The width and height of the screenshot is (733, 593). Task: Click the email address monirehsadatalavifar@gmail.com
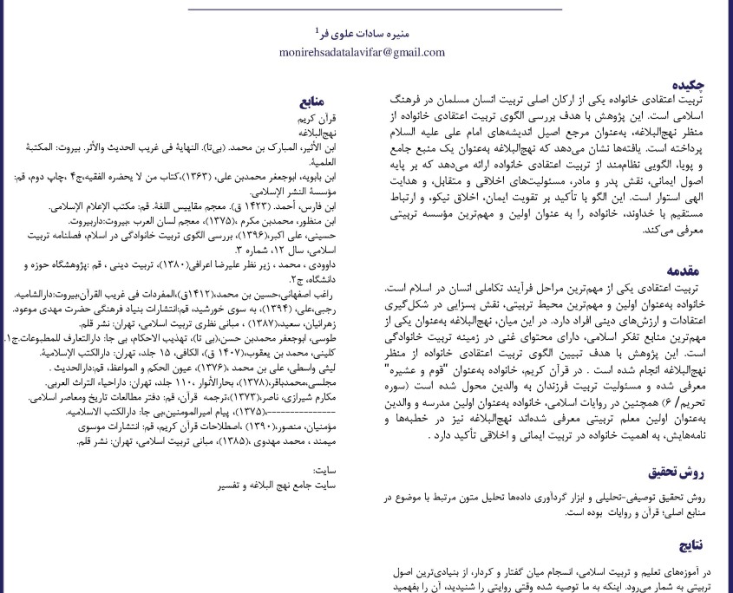click(350, 53)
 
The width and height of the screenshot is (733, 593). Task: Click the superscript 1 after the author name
click(317, 30)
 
